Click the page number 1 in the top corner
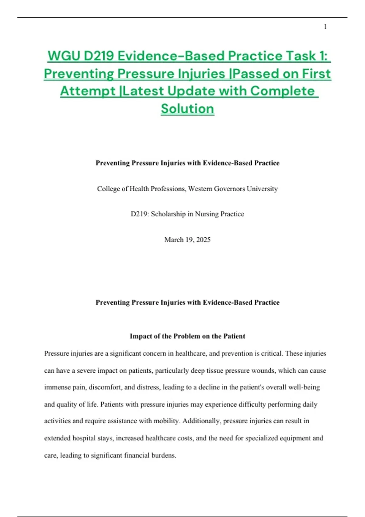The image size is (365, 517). click(x=325, y=27)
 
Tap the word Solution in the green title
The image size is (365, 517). click(x=187, y=109)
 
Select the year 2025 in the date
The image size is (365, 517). click(x=203, y=240)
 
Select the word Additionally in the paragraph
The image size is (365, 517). click(x=202, y=421)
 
